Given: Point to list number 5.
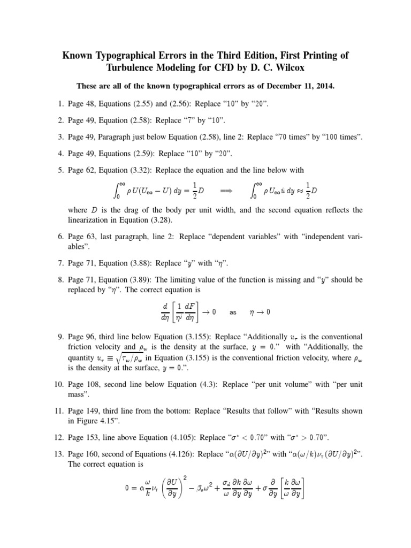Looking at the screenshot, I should (61, 170).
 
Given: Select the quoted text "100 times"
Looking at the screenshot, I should (340, 138).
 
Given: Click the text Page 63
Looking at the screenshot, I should (80, 237).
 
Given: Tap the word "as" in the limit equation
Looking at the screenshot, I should (233, 312).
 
